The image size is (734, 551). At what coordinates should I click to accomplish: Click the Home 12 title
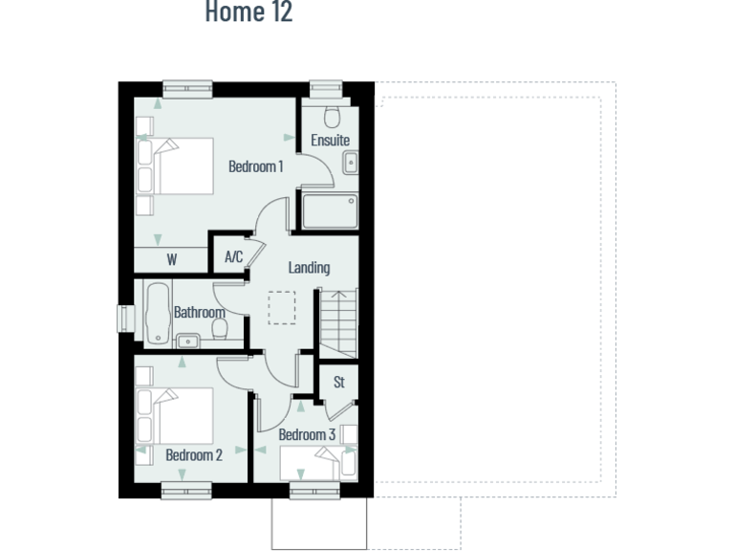248,12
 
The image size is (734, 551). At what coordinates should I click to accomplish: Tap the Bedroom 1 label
255,166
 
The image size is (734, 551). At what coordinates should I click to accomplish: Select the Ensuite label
330,141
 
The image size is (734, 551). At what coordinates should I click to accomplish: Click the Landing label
309,268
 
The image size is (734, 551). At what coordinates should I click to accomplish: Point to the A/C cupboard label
233,257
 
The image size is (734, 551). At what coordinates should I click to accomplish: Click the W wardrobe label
172,259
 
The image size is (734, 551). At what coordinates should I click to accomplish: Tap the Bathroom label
200,312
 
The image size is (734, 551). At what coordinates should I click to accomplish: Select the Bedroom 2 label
194,455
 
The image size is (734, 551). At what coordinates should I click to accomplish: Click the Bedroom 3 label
307,435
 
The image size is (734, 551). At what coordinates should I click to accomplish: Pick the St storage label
338,383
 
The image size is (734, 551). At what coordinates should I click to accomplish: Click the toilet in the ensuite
332,117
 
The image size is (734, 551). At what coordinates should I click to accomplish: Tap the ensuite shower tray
330,211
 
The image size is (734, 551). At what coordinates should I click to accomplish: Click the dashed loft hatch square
282,308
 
